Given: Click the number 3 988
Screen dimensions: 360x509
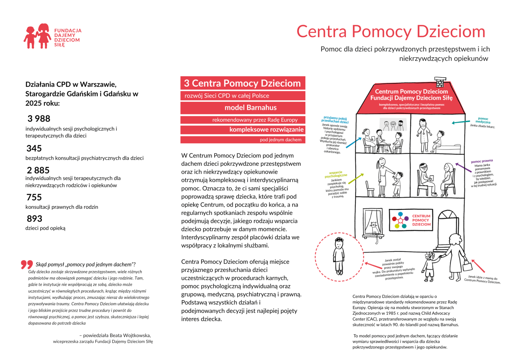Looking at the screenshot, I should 39,119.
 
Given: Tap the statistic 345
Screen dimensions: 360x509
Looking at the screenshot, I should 34,148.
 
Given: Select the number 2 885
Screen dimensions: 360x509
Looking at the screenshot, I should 38,170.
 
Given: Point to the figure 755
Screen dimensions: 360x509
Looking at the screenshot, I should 34,197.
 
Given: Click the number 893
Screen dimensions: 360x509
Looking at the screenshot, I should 34,219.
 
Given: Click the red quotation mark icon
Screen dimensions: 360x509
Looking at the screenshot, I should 27,264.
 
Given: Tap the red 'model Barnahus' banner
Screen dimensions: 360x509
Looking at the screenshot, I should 243,108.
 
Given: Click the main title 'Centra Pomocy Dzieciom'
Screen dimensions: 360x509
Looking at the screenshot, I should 391,32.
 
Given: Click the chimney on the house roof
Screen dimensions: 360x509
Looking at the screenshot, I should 440,81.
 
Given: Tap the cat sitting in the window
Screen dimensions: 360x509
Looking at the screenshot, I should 374,228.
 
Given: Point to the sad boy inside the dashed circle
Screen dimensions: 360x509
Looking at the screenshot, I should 339,256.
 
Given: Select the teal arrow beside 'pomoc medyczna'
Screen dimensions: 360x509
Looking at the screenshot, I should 461,122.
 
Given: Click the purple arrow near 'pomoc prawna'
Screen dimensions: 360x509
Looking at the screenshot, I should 463,167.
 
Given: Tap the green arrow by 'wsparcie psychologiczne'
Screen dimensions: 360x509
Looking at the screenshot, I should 356,179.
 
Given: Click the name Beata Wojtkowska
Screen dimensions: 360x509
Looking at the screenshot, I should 130,335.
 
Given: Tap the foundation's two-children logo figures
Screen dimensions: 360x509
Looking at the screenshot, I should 37,36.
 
